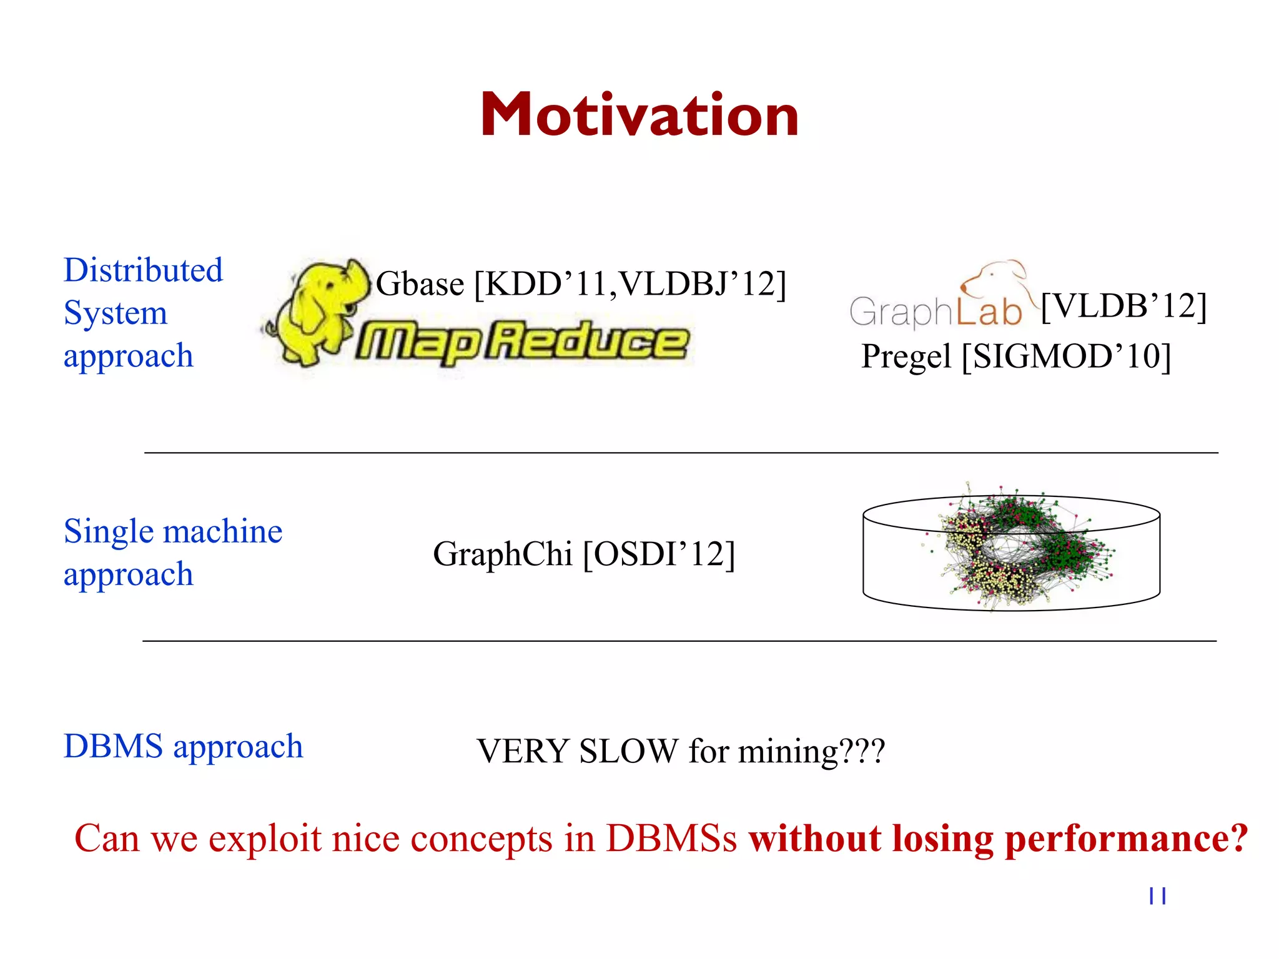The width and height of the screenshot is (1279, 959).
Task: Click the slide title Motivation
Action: click(x=639, y=115)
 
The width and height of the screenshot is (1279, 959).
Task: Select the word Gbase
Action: click(x=420, y=284)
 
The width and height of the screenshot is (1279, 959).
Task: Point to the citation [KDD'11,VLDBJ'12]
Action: click(x=630, y=284)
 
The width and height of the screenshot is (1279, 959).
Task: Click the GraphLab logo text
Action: click(x=935, y=312)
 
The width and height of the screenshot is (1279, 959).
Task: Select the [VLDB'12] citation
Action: click(x=1123, y=307)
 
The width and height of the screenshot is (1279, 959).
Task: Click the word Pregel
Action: click(x=906, y=357)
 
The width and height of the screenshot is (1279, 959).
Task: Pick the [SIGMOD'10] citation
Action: click(x=1066, y=357)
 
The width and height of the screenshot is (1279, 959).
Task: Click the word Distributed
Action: click(x=143, y=270)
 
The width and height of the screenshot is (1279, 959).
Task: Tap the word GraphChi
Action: click(x=502, y=554)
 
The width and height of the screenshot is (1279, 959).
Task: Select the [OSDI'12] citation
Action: click(x=658, y=554)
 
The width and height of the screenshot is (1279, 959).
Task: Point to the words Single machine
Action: click(x=173, y=531)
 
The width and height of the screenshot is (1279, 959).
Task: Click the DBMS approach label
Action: click(x=183, y=746)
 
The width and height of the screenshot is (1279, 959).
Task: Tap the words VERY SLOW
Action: click(x=577, y=751)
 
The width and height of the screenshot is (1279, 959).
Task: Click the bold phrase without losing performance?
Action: click(x=998, y=838)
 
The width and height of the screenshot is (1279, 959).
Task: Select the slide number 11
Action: click(x=1157, y=896)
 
